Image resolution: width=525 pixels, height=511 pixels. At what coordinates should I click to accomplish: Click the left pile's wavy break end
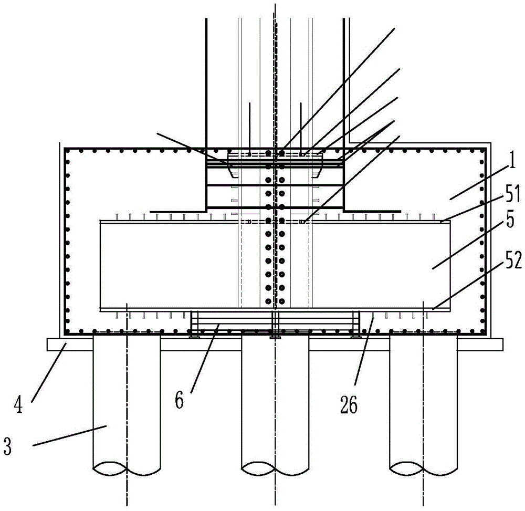coord(127,469)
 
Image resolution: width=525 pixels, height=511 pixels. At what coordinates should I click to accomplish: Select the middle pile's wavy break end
coord(275,469)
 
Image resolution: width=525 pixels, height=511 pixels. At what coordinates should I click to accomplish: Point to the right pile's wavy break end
coord(424,469)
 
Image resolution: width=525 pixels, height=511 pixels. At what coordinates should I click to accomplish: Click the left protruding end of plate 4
coord(54,345)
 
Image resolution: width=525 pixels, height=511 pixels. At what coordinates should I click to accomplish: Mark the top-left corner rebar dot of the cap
coord(68,151)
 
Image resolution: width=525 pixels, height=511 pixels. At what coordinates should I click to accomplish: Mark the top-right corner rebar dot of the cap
coord(482,151)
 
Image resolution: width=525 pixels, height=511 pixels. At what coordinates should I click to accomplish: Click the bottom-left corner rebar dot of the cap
coord(68,331)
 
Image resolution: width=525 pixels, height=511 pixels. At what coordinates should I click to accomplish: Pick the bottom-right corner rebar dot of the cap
coord(482,331)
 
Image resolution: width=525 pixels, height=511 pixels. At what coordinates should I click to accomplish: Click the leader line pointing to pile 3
coord(70,435)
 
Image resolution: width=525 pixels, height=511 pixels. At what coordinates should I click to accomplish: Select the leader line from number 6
coord(205,358)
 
